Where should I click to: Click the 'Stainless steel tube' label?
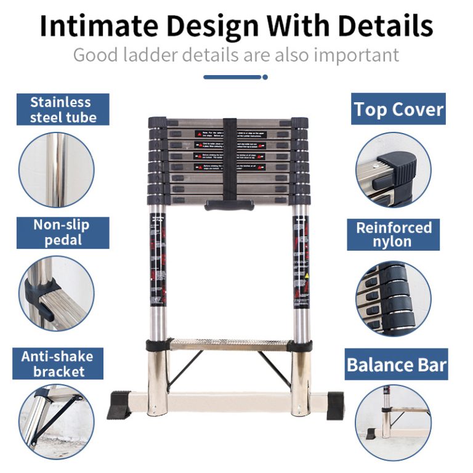click(x=63, y=110)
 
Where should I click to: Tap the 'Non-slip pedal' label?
click(x=63, y=232)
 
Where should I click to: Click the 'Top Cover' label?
click(x=398, y=110)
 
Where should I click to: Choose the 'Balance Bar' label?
click(x=397, y=365)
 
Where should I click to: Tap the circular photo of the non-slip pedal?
click(x=57, y=294)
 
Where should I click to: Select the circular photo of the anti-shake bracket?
click(x=57, y=421)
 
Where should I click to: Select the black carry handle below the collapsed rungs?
click(x=229, y=204)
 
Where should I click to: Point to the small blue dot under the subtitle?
click(x=265, y=77)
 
